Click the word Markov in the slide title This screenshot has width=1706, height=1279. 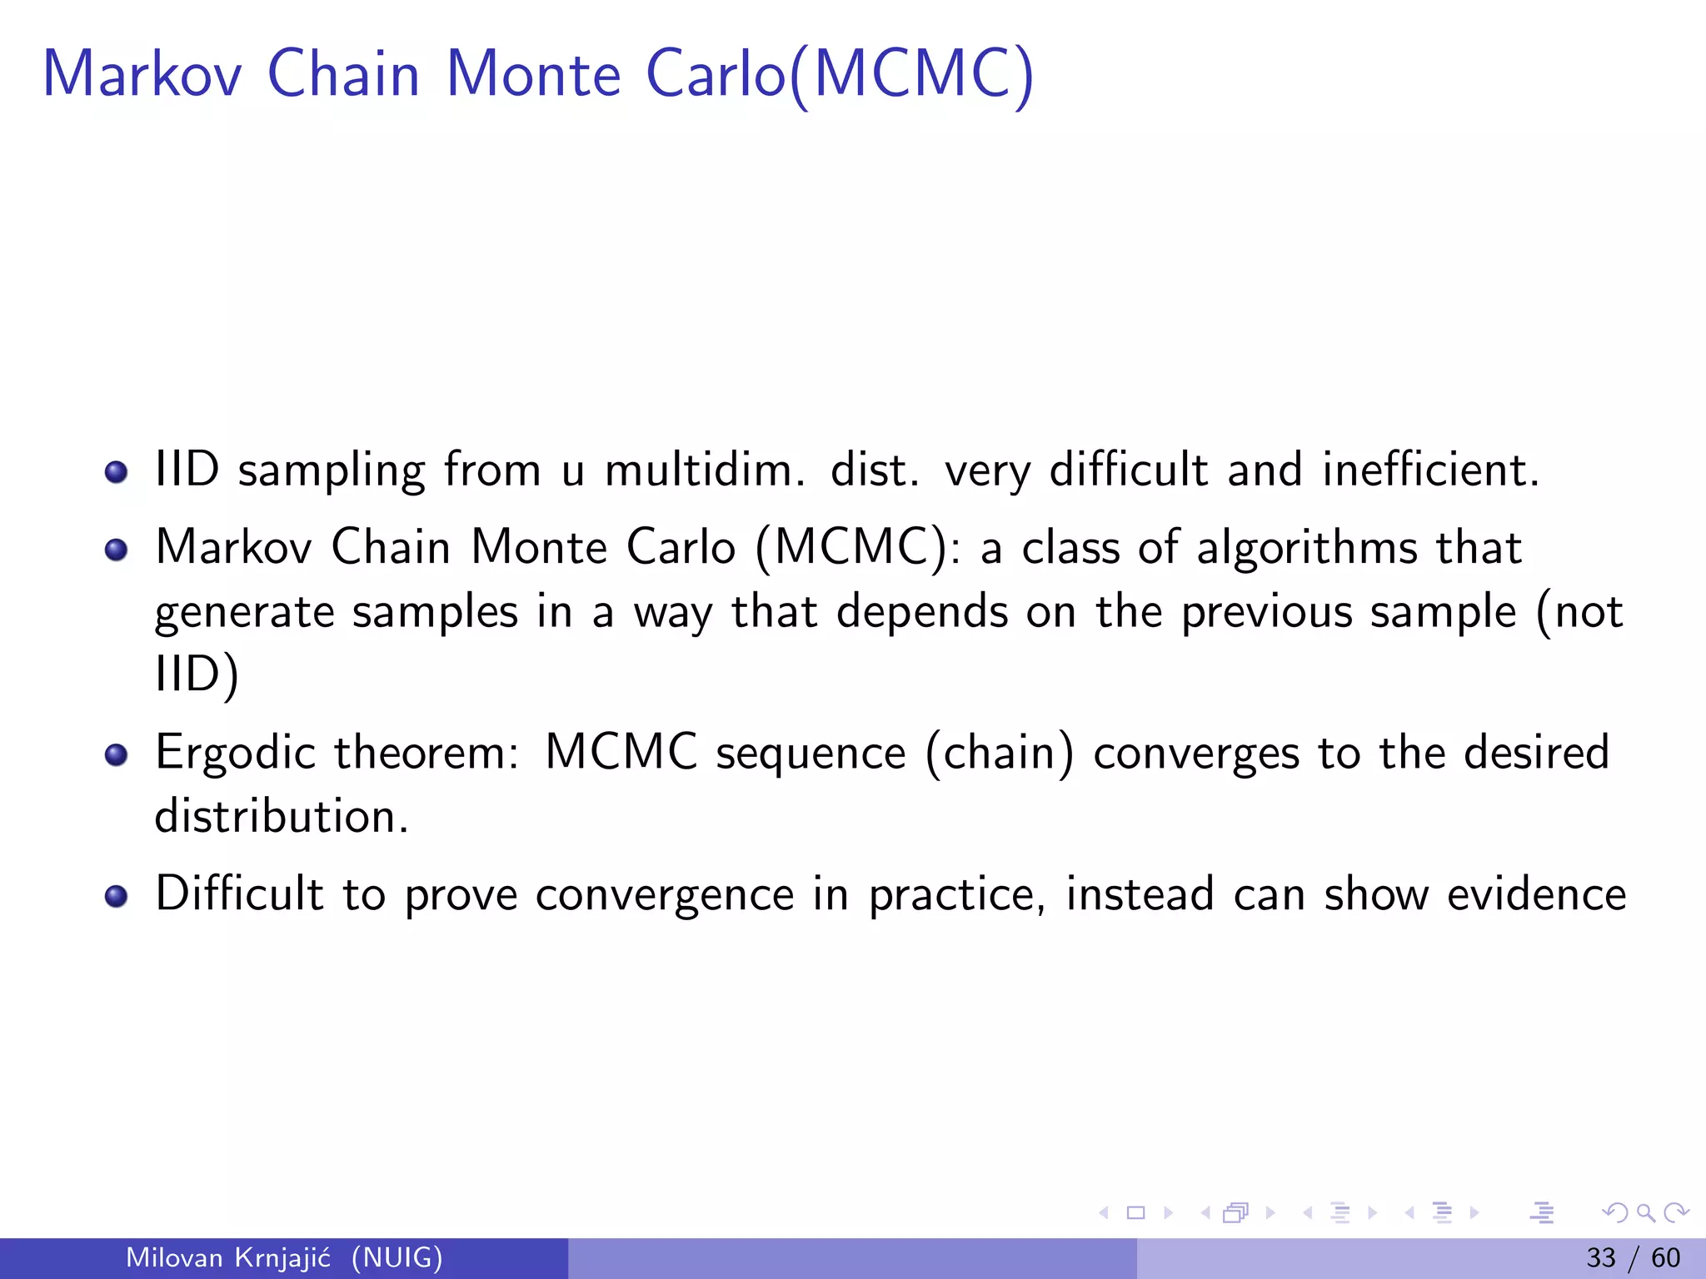[x=142, y=75]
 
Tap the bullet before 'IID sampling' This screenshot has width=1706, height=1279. [x=116, y=473]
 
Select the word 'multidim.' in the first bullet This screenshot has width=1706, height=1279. [x=705, y=470]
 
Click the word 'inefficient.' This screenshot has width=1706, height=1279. [x=1431, y=470]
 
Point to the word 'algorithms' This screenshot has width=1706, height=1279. [x=1307, y=550]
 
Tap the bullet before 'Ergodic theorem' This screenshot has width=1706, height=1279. [x=116, y=755]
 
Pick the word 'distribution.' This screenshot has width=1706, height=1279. [x=282, y=817]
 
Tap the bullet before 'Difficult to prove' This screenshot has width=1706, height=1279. [x=116, y=896]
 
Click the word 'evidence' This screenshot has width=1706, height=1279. [x=1536, y=895]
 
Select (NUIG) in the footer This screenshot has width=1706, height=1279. [x=397, y=1257]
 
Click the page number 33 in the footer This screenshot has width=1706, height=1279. [x=1600, y=1257]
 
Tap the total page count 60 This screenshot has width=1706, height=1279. [x=1666, y=1257]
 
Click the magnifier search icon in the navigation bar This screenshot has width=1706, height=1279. [x=1645, y=1213]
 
